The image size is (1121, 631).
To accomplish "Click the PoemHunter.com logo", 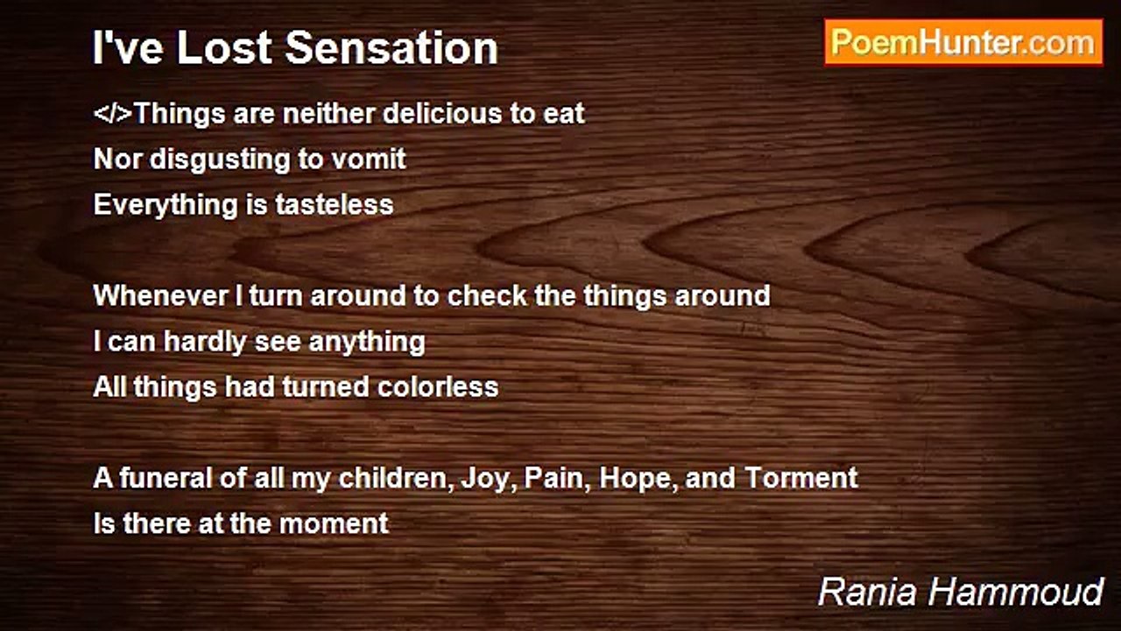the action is coord(963,43).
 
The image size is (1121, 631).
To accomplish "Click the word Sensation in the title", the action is coord(391,48).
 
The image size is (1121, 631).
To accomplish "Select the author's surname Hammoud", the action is coord(1016,592).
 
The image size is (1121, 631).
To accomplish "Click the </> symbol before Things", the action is coord(113,113).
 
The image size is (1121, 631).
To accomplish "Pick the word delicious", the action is coord(442,113).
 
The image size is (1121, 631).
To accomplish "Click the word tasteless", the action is coord(335,205).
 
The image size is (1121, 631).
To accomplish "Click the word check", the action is coord(487,295).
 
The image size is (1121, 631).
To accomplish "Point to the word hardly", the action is coord(205,342).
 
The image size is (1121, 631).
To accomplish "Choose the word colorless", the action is coord(438,387).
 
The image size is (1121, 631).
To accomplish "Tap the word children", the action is coord(395,478).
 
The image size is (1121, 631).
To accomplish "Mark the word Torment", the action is coord(801,478).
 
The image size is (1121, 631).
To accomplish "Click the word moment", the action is coord(334,523).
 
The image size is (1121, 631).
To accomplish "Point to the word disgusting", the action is coord(220,160).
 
